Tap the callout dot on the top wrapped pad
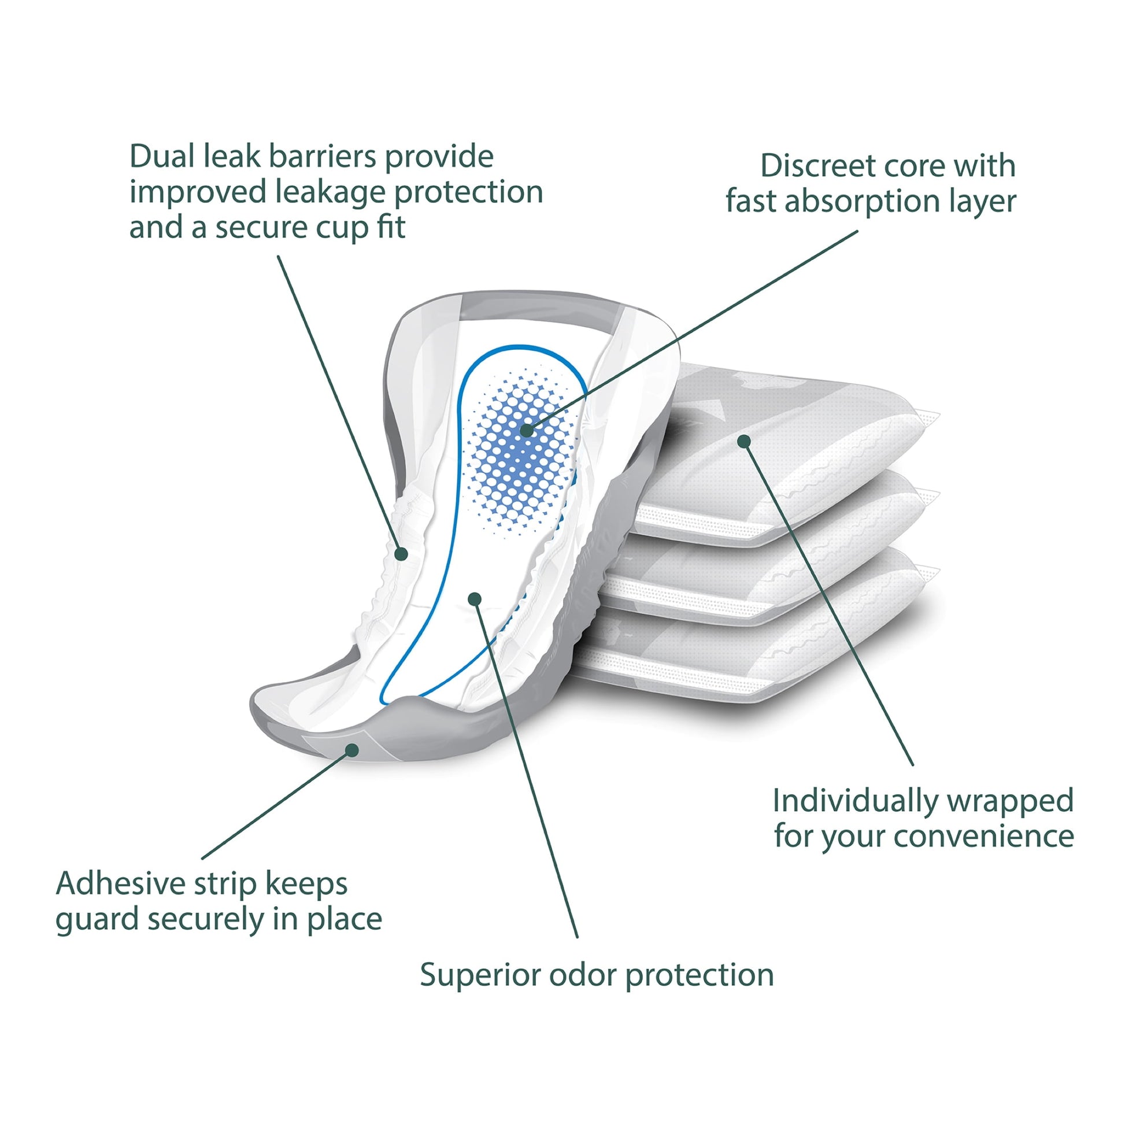coord(743,441)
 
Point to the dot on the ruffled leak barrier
coord(401,554)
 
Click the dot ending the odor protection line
coord(475,598)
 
